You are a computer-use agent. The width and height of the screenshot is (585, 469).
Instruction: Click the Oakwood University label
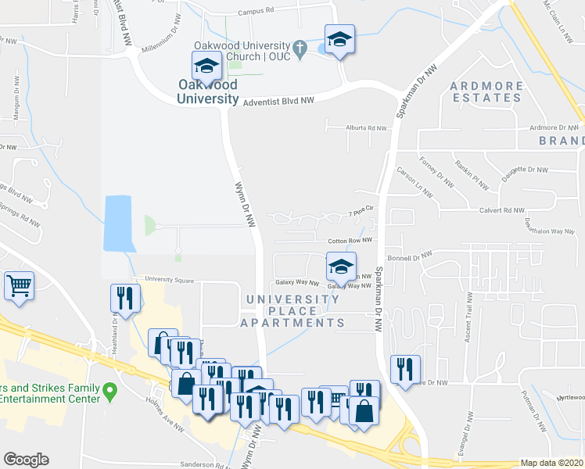point(207,91)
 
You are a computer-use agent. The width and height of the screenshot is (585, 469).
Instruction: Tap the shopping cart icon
point(20,286)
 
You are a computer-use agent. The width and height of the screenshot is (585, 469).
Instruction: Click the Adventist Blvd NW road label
point(278,102)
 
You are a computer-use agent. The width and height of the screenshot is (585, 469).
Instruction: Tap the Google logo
point(26,460)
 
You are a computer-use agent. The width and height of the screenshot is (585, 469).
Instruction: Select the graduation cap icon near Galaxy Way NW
point(341,267)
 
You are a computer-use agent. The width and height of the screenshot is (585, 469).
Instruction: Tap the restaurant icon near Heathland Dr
point(124,297)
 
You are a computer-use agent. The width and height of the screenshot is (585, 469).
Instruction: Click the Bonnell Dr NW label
point(410,256)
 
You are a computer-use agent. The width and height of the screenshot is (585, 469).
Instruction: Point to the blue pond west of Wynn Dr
point(118,223)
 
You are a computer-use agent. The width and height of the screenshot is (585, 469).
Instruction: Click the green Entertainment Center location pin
point(109,389)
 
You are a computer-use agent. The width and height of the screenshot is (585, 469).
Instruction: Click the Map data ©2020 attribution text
point(551,463)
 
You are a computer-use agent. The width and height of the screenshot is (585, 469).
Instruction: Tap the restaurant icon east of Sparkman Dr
point(405,368)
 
